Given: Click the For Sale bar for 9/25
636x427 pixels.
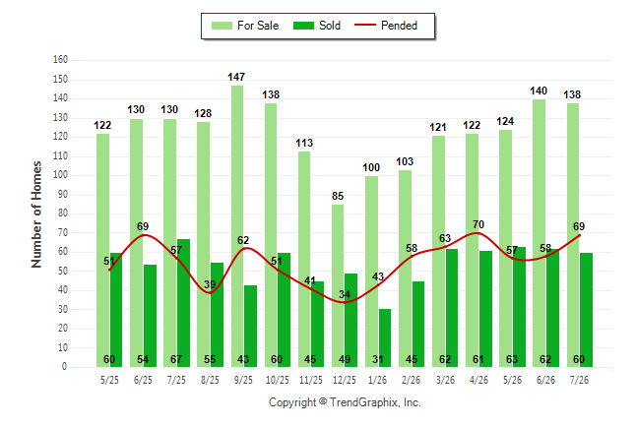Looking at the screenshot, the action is tap(237, 226).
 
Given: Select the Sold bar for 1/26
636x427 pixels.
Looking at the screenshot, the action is tap(385, 337).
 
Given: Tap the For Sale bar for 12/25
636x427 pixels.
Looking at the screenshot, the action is tap(338, 286).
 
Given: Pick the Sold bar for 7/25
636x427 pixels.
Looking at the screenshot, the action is tap(184, 303).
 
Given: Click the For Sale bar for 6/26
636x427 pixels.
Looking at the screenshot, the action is tap(540, 233).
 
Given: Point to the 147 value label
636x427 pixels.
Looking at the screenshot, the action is tap(236, 77).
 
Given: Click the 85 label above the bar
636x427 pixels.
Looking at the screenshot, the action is tap(338, 196).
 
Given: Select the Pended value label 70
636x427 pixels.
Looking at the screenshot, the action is tap(478, 224).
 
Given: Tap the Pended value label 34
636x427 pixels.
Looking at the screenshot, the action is tap(345, 294).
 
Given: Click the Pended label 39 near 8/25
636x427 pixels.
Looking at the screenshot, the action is tap(210, 284).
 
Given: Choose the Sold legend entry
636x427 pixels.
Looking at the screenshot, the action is tap(317, 26).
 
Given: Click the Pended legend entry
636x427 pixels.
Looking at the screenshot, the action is tap(386, 26).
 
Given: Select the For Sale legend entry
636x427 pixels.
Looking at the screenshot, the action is tap(245, 26).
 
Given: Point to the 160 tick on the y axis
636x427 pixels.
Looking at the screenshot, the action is tap(60, 60).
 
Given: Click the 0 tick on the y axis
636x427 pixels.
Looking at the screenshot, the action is tap(64, 367).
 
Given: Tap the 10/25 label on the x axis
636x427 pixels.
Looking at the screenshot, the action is tap(278, 381).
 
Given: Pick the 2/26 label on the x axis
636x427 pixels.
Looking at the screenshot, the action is tap(412, 381).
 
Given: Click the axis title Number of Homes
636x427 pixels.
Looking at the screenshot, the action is tap(36, 214).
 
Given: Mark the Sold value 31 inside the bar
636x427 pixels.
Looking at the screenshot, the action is tap(378, 360).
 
